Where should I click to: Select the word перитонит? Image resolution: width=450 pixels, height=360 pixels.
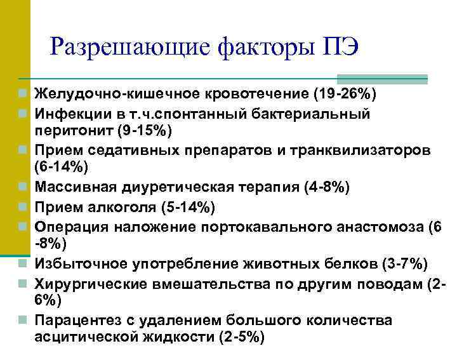[x=67, y=131]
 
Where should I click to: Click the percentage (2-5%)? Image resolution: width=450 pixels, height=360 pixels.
[x=241, y=338]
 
